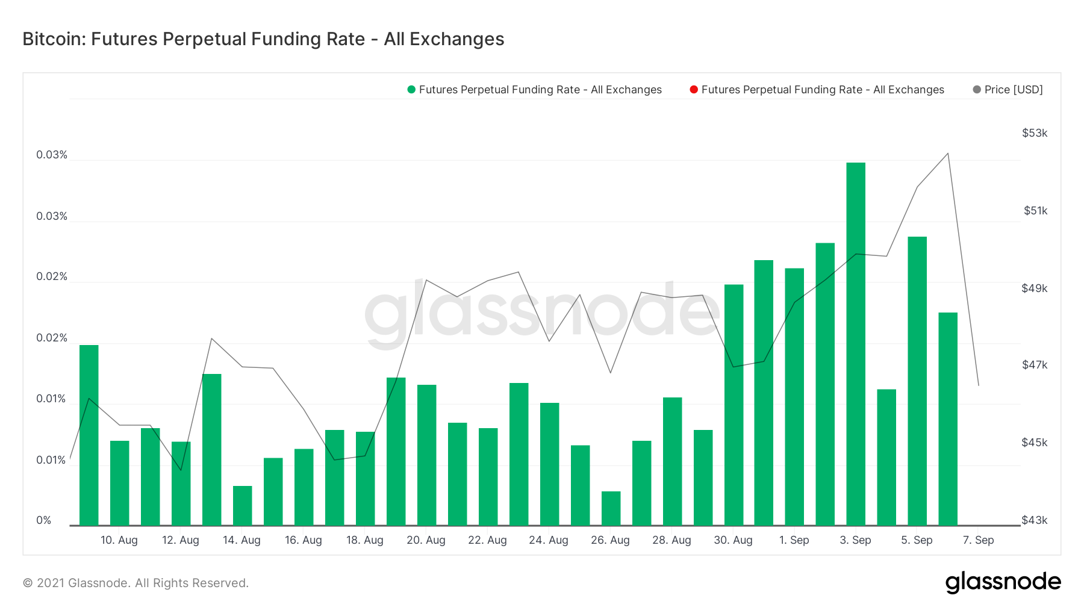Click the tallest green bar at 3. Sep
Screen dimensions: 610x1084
(856, 343)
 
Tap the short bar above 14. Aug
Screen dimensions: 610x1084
(242, 506)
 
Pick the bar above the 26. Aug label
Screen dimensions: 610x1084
(611, 508)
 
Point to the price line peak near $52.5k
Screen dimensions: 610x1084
(948, 154)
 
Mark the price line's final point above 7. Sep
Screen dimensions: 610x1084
(979, 385)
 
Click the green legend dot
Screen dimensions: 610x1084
(411, 90)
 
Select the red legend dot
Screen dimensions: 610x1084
(694, 90)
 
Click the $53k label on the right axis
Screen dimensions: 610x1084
(1035, 133)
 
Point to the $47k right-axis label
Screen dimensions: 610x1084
(1035, 365)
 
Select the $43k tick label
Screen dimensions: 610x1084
(1035, 520)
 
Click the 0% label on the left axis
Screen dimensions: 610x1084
(44, 520)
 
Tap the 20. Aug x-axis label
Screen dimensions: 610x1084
(426, 540)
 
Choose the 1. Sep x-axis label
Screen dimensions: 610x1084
(794, 540)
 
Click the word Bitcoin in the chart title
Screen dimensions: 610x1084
(54, 39)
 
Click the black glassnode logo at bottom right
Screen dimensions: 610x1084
(1003, 582)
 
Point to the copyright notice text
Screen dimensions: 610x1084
(135, 583)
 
